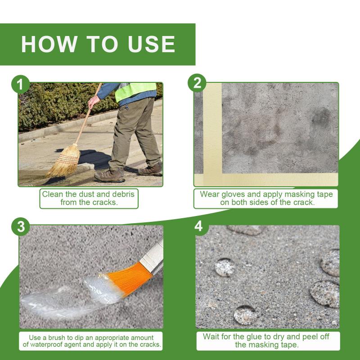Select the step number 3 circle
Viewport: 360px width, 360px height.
click(20, 227)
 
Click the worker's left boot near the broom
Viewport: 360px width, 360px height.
click(109, 175)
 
